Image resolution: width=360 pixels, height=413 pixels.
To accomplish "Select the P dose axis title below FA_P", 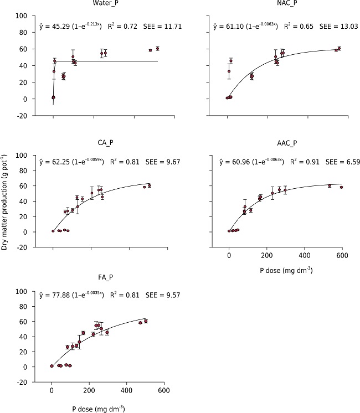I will (x=98, y=409).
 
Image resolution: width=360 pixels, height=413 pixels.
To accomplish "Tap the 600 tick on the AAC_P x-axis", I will (x=342, y=255).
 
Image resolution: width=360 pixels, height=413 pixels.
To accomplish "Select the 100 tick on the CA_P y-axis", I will (x=24, y=156).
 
